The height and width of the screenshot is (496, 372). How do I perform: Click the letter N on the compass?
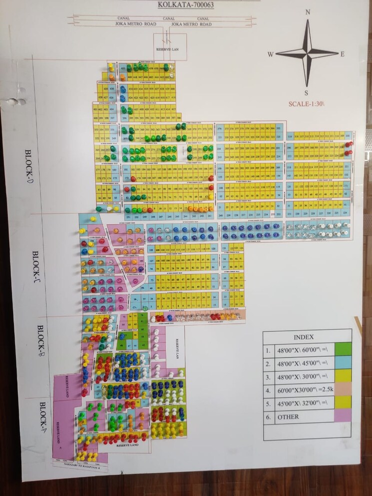click(308, 12)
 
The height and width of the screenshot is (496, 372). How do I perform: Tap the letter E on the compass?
click(343, 54)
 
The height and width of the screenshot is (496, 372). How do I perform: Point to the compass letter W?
click(270, 54)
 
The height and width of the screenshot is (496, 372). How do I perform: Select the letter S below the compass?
click(307, 93)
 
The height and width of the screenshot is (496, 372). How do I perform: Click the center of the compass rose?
click(307, 52)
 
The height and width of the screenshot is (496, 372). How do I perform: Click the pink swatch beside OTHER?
click(343, 416)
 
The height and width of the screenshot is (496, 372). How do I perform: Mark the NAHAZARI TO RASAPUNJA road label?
click(80, 465)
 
